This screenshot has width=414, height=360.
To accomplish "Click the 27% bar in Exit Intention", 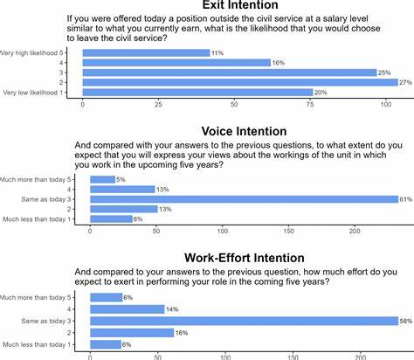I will pos(240,82).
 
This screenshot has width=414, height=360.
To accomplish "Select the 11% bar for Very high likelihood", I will pos(146,53).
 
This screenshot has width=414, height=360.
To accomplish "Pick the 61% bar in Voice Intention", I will pos(244,199).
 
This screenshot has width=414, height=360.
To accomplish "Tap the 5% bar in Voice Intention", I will pos(102,180).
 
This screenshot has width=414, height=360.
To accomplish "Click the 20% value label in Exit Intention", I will pos(321,93).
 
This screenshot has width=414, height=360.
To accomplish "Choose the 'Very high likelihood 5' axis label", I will pos(38,53).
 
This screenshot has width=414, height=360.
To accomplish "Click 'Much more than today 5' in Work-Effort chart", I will pos(41,297).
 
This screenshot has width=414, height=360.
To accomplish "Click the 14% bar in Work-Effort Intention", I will pos(128,309).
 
